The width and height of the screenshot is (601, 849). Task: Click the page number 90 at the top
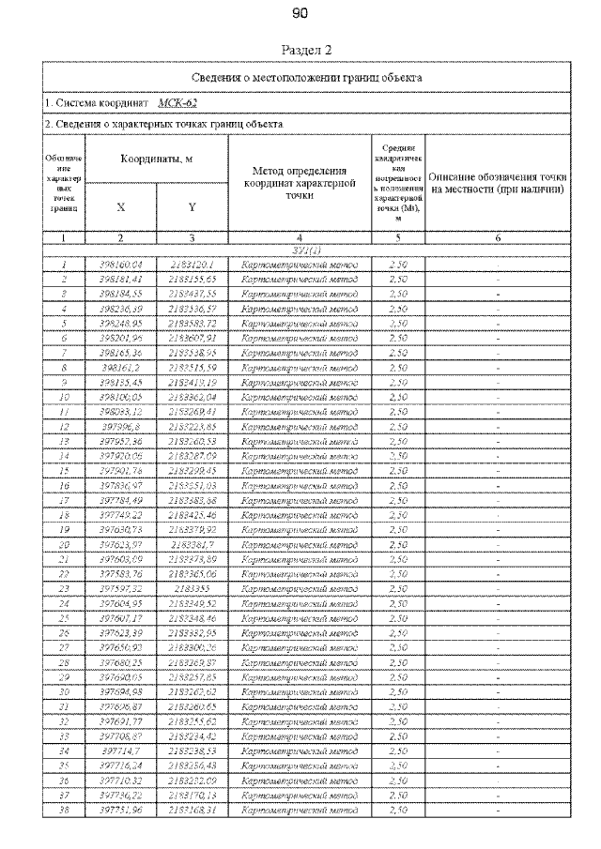(300, 14)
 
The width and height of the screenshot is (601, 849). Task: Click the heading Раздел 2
(300, 49)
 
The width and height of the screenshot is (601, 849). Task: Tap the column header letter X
(120, 207)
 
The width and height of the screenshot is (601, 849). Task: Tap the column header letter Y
(192, 207)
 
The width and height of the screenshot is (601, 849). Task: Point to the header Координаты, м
(156, 160)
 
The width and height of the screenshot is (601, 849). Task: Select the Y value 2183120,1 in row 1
(192, 265)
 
